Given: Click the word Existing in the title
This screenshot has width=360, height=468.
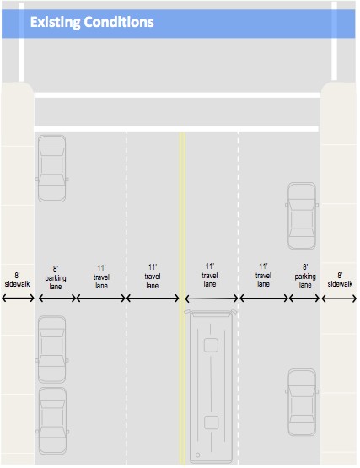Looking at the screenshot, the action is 56,23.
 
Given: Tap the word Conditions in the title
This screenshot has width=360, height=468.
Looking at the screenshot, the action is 119,22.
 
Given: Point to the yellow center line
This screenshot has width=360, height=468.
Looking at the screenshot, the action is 182,299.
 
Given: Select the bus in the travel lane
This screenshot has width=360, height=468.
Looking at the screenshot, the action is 211,386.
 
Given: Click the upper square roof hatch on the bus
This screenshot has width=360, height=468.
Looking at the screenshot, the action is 211,345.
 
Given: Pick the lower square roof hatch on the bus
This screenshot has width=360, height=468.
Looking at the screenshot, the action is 212,422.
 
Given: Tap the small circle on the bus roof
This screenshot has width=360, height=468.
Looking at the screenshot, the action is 197,455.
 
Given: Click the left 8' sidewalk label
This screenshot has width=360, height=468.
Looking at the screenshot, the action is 18,280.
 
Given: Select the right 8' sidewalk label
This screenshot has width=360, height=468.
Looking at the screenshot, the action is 340,280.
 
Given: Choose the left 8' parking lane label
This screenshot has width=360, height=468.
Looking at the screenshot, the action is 56,278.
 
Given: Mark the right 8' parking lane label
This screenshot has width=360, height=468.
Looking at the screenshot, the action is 305,276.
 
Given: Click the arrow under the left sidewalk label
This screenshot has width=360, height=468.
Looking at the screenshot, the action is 18,298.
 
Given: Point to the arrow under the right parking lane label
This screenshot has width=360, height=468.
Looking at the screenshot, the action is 304,299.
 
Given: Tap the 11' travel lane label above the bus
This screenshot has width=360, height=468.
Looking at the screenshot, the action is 210,275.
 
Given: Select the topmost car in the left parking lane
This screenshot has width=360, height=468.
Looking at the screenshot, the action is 52,169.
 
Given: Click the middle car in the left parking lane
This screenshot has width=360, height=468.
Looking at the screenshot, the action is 52,349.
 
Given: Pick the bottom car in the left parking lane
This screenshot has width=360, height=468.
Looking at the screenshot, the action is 52,421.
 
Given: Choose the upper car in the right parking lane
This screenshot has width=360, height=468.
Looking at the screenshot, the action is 302,216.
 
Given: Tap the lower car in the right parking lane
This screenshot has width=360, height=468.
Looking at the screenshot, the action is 302,402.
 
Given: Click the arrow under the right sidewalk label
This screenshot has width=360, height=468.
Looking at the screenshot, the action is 339,299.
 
